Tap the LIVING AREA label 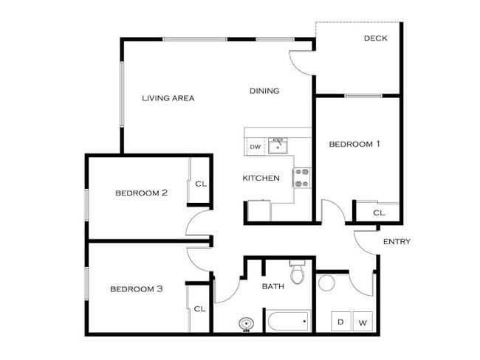pyautogui.click(x=168, y=97)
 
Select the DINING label pyautogui.click(x=264, y=91)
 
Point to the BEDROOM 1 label pyautogui.click(x=354, y=144)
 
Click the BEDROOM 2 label pyautogui.click(x=142, y=193)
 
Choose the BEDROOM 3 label pyautogui.click(x=137, y=289)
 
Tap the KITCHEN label pyautogui.click(x=261, y=178)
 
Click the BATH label pyautogui.click(x=273, y=286)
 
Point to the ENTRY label pyautogui.click(x=397, y=241)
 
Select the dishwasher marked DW pyautogui.click(x=255, y=147)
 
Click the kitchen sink pyautogui.click(x=278, y=145)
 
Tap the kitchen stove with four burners pyautogui.click(x=303, y=177)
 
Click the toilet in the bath pyautogui.click(x=298, y=273)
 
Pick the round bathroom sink pyautogui.click(x=246, y=323)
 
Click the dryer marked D pyautogui.click(x=341, y=322)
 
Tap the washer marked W pyautogui.click(x=363, y=322)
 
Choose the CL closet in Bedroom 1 pyautogui.click(x=378, y=212)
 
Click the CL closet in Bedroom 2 pyautogui.click(x=199, y=183)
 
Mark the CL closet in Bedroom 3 pyautogui.click(x=199, y=309)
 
